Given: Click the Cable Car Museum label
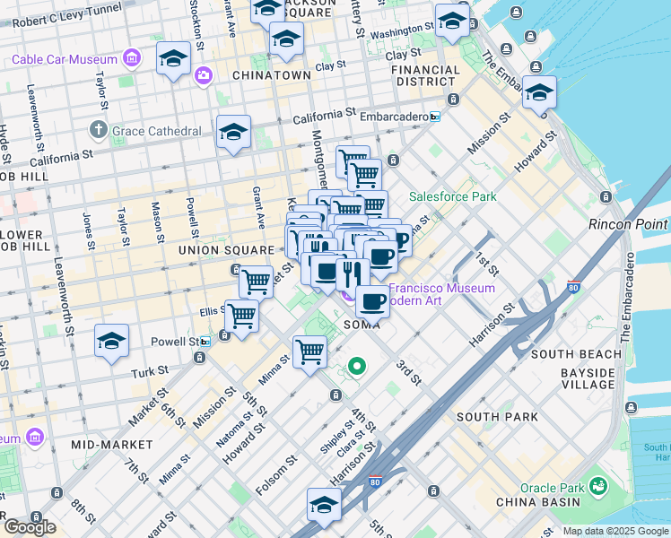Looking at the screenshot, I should coord(65,59).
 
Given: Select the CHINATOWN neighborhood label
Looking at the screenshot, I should coord(271,75).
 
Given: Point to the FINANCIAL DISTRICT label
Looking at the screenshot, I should coord(425,76).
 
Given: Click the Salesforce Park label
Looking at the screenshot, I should coord(453,196).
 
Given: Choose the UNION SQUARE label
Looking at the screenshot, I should coord(225,249).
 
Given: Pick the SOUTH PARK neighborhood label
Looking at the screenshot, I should coord(497,417).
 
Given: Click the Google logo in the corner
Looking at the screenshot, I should coord(29,527).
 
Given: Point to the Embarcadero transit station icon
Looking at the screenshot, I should coord(435,117).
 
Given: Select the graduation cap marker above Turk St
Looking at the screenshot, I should coord(111,341).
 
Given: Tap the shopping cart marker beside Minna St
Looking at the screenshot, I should coord(309,351).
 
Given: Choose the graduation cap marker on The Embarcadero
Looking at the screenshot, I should coord(539,92).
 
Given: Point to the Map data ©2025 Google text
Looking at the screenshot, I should coord(614,531).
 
